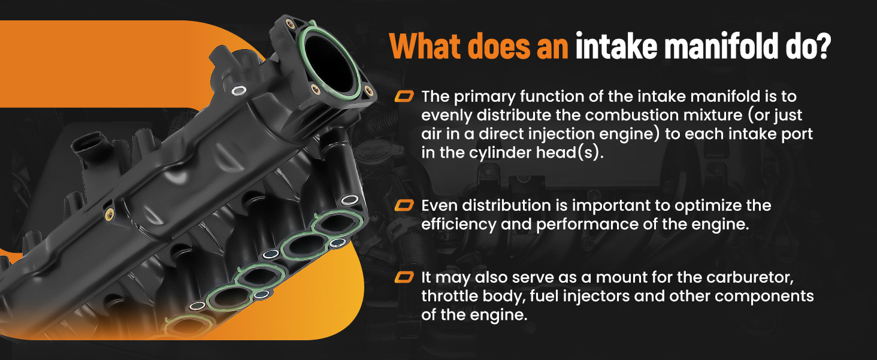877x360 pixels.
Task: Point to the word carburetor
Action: click(x=749, y=277)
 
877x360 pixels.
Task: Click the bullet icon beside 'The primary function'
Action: click(x=404, y=96)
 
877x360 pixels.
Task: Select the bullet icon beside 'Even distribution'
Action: click(x=404, y=205)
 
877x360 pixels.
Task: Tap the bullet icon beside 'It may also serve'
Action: click(x=404, y=277)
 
